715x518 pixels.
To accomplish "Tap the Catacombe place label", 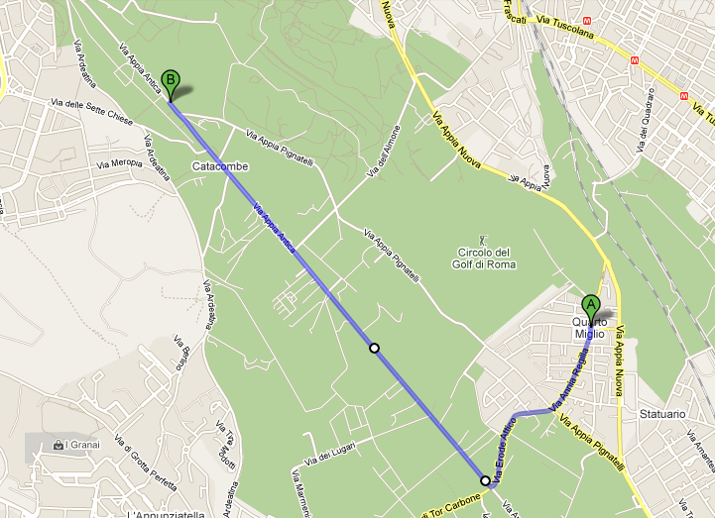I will pyautogui.click(x=220, y=166).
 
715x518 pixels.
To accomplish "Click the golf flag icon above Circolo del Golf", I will pyautogui.click(x=484, y=239).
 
